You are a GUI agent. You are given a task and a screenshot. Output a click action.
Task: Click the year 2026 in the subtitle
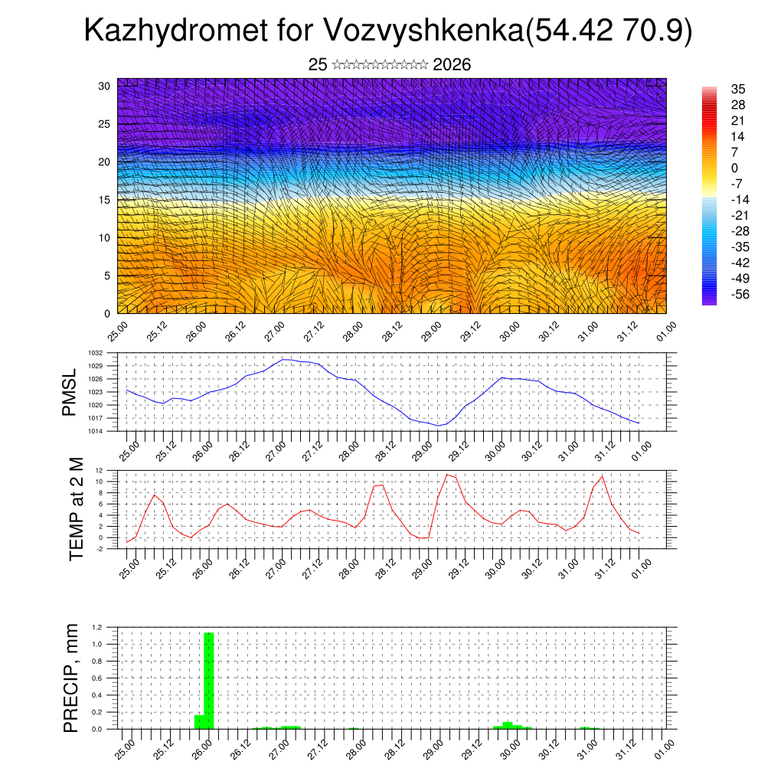point(452,65)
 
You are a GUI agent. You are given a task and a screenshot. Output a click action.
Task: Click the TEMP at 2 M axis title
point(76,509)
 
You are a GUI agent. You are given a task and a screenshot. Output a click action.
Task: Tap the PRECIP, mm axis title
point(71,678)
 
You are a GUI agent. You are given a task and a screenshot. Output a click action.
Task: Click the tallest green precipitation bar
point(209,681)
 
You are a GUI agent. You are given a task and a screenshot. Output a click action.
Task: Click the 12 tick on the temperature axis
point(100,470)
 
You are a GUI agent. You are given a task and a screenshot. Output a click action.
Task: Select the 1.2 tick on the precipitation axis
point(97,627)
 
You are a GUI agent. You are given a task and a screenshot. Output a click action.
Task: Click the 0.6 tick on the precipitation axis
point(97,678)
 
